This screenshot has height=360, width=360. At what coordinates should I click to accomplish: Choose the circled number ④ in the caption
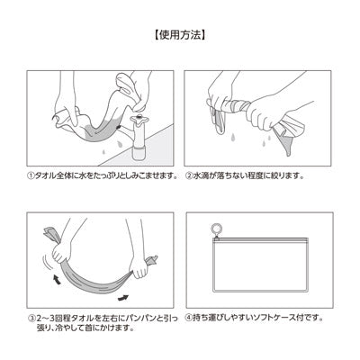(x=188, y=317)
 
